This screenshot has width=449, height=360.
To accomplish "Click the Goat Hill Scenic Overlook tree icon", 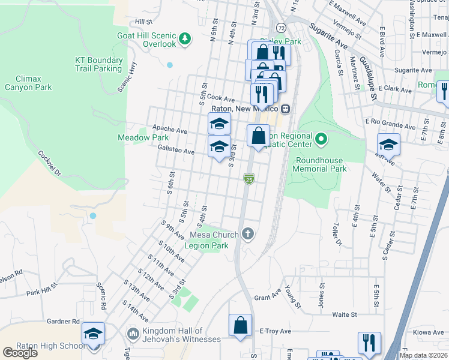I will coord(185,38).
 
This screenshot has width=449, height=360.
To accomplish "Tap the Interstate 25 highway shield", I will coord(249,178).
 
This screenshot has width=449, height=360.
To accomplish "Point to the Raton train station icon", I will coord(286,109).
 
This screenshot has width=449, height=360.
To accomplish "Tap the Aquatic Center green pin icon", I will coord(321,140).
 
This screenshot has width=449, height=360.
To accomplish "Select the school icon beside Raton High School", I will coord(93,334).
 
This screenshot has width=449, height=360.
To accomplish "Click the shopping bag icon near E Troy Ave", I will coord(240,325).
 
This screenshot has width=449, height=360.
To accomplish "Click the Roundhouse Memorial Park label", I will coord(321,164).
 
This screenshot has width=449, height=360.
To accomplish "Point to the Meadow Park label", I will coord(142,137).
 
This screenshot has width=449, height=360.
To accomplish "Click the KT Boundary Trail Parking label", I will coord(99,64).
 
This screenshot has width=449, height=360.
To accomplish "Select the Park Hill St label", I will coord(41,293).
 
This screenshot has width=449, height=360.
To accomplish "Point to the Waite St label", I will coord(345,314).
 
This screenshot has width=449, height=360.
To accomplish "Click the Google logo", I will coord(20,353).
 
